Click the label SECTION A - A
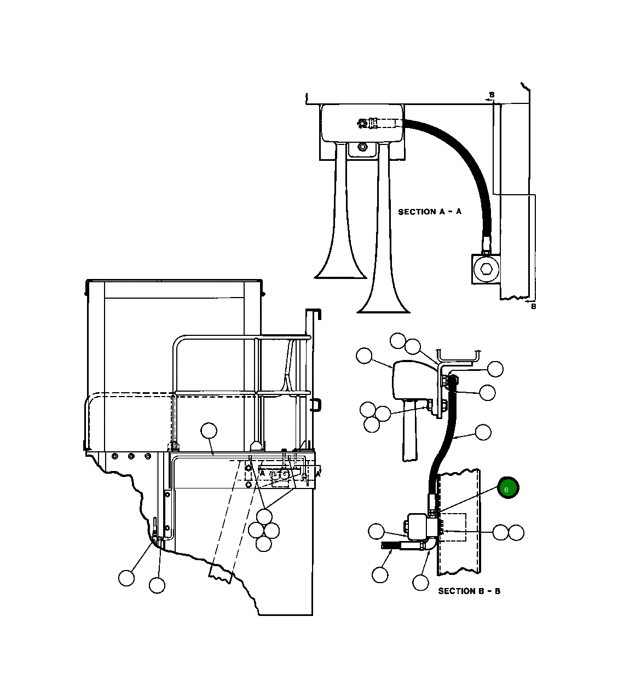click(430, 212)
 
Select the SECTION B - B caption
click(469, 591)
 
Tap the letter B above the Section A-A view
click(492, 95)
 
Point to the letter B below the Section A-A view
click(534, 306)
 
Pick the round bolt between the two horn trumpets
click(362, 147)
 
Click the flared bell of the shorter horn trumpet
click(340, 269)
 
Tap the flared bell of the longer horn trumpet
click(383, 303)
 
